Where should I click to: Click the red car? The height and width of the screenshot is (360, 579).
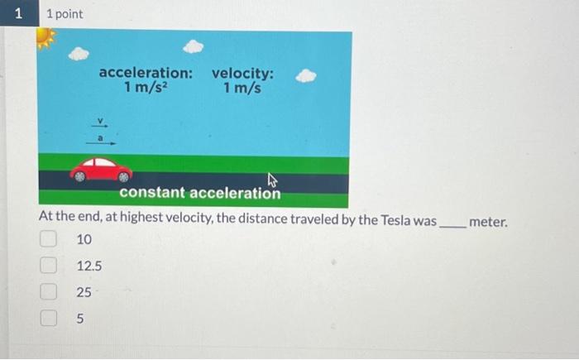click(x=101, y=170)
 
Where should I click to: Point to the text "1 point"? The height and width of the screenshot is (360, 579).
click(x=65, y=15)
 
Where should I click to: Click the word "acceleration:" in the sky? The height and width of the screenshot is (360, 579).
click(x=146, y=73)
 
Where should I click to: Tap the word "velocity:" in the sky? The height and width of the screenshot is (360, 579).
click(x=242, y=73)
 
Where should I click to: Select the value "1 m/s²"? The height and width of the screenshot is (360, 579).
click(x=146, y=88)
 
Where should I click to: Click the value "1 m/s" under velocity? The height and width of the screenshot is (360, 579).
click(x=242, y=88)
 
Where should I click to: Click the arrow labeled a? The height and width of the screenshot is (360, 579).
click(x=103, y=142)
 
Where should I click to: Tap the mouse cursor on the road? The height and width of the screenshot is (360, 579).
click(x=272, y=180)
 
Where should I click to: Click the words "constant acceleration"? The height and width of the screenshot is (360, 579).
click(x=199, y=194)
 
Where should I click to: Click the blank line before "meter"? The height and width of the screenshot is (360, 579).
click(x=452, y=223)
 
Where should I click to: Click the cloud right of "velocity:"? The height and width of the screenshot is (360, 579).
click(x=306, y=76)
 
